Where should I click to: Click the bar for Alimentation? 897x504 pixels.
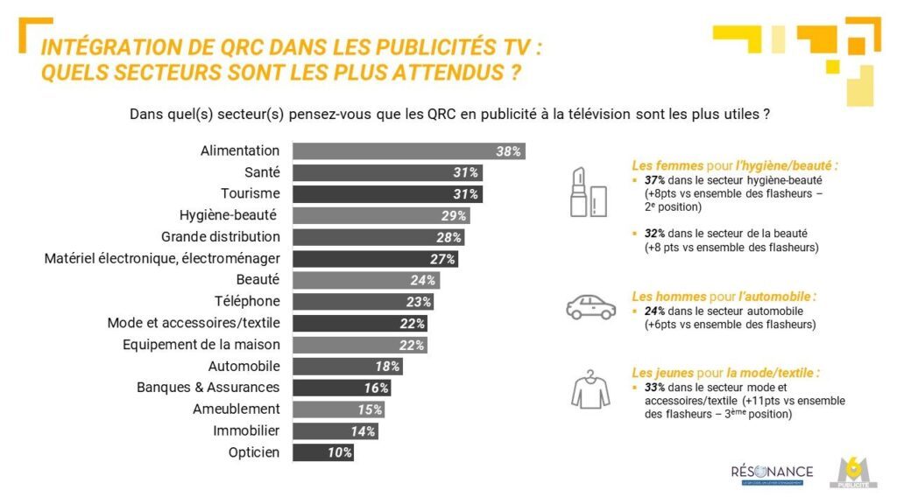pyautogui.click(x=408, y=151)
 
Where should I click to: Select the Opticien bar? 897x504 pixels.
pyautogui.click(x=322, y=452)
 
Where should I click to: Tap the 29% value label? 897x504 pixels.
pyautogui.click(x=453, y=215)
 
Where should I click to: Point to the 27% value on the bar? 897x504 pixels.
pyautogui.click(x=442, y=259)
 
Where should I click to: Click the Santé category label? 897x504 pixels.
pyautogui.click(x=262, y=172)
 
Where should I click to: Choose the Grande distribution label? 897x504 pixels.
pyautogui.click(x=221, y=236)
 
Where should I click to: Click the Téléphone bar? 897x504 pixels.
pyautogui.click(x=363, y=302)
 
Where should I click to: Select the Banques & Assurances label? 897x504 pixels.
pyautogui.click(x=208, y=387)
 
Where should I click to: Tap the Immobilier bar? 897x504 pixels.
pyautogui.click(x=335, y=430)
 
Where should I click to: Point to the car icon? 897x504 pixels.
pyautogui.click(x=591, y=306)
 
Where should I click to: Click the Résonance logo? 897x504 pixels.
pyautogui.click(x=772, y=473)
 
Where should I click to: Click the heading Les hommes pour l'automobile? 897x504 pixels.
pyautogui.click(x=724, y=297)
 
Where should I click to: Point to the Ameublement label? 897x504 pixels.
pyautogui.click(x=237, y=409)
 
